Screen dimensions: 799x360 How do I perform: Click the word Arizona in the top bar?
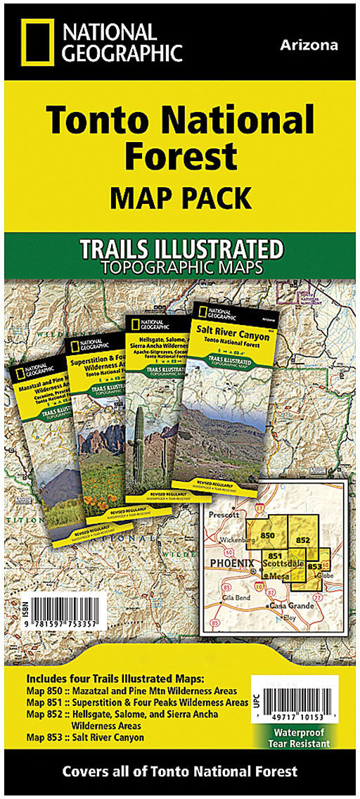[x=309, y=45]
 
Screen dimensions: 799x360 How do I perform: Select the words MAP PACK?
[x=179, y=198]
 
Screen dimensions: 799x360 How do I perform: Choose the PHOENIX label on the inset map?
[x=234, y=563]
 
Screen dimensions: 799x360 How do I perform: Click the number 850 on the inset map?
[x=268, y=536]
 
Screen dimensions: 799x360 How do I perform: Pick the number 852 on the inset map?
[x=303, y=539]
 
